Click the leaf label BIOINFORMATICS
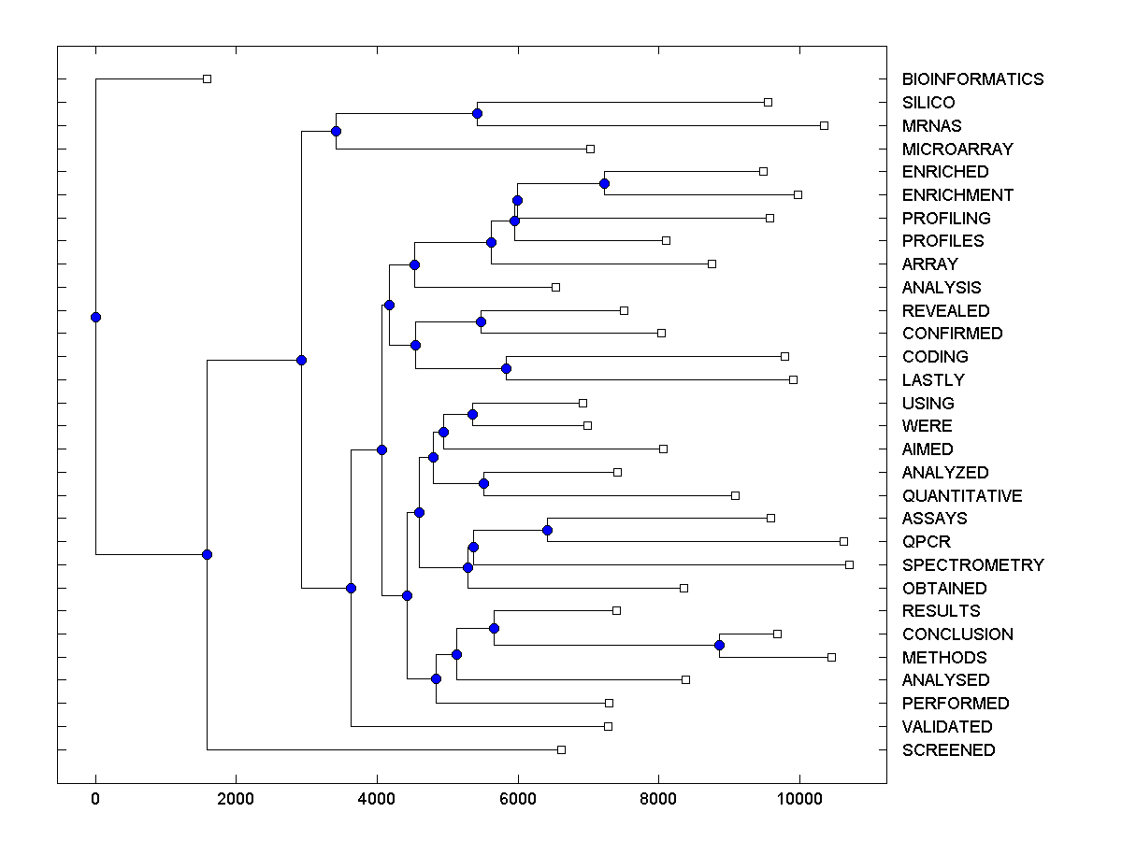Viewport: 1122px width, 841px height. click(x=972, y=79)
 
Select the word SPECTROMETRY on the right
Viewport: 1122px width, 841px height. click(x=972, y=565)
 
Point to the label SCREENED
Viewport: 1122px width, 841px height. click(x=948, y=750)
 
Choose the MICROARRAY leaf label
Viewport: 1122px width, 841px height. click(x=957, y=150)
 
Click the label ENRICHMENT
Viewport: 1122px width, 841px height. click(x=957, y=195)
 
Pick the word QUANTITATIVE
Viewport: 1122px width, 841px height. click(x=962, y=496)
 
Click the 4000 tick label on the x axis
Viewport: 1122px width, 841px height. click(x=377, y=799)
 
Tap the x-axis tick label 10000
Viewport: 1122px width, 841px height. click(x=799, y=799)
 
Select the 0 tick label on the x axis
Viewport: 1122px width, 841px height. click(x=95, y=799)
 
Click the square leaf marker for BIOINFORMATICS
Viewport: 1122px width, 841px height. click(x=208, y=78)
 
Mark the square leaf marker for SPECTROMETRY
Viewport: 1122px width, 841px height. click(x=849, y=564)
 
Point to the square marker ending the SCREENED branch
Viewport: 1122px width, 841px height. click(x=561, y=749)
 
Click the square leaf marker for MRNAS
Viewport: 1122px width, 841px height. click(x=824, y=125)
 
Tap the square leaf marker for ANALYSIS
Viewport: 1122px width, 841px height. click(x=555, y=287)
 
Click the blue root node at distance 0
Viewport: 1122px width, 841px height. click(x=95, y=317)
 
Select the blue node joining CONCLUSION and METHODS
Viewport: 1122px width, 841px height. click(x=719, y=645)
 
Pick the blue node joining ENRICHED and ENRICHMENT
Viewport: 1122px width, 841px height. click(x=604, y=183)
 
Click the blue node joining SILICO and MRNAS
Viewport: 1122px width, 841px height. click(x=477, y=113)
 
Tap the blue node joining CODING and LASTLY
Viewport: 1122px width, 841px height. click(x=506, y=368)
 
